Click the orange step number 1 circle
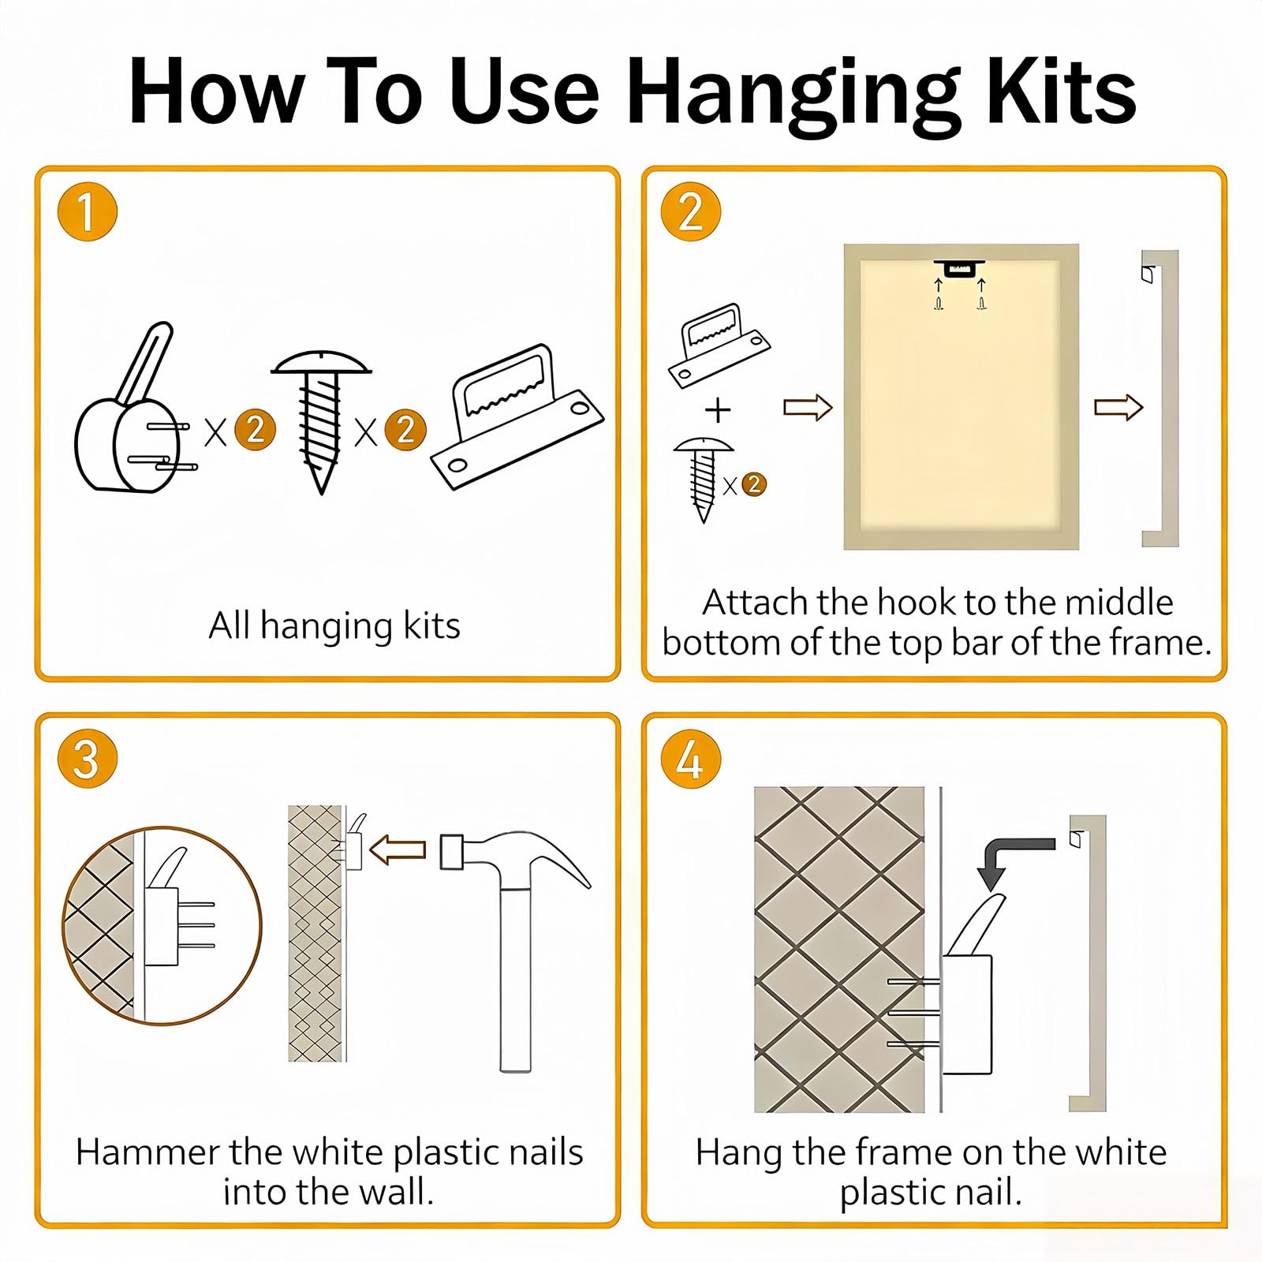click(88, 211)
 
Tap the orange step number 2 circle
click(691, 211)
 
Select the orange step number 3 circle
click(88, 759)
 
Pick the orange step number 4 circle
click(691, 759)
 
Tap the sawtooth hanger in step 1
click(517, 416)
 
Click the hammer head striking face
click(450, 852)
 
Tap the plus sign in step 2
click(718, 409)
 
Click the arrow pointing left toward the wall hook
click(398, 850)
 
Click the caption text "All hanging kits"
click(334, 626)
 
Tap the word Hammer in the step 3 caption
click(147, 1152)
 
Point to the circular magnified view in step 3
click(162, 925)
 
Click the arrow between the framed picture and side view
click(1118, 407)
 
